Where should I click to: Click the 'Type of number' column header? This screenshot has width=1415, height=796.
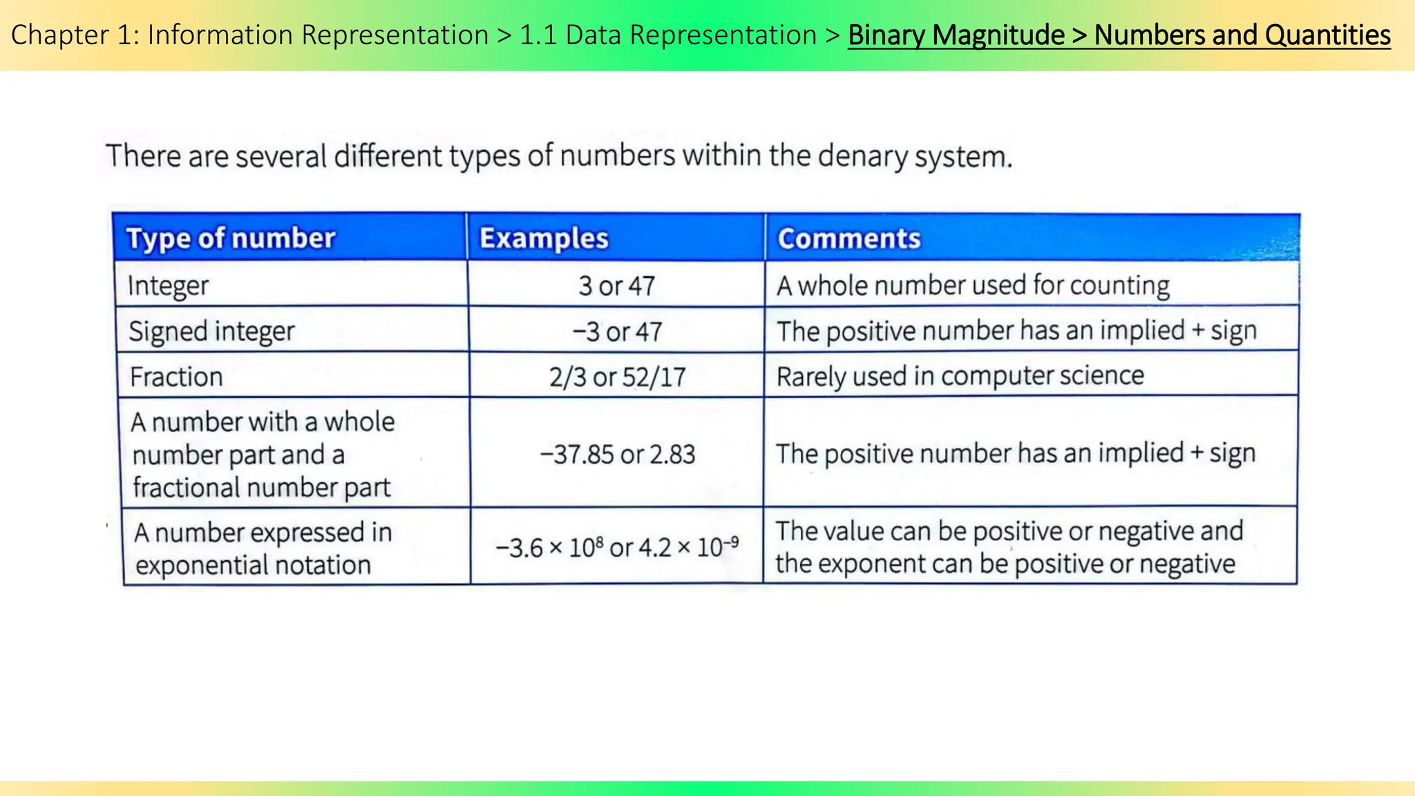tap(231, 238)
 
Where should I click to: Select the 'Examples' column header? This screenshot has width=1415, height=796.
tap(544, 238)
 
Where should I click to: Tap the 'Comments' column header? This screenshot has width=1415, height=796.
tap(849, 238)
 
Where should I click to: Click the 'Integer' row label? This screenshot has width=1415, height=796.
tap(168, 285)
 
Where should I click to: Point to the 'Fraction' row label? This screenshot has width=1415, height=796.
tap(176, 377)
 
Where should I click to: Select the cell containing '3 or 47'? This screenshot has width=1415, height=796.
tap(616, 285)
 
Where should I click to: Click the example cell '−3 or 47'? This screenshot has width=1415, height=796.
tap(616, 332)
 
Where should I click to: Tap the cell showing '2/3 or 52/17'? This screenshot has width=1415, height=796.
tap(617, 377)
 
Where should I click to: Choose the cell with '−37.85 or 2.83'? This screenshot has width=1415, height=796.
tap(617, 454)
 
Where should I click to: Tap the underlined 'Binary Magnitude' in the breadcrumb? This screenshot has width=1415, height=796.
tap(956, 35)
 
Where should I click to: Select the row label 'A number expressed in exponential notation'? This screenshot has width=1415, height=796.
tap(263, 549)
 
